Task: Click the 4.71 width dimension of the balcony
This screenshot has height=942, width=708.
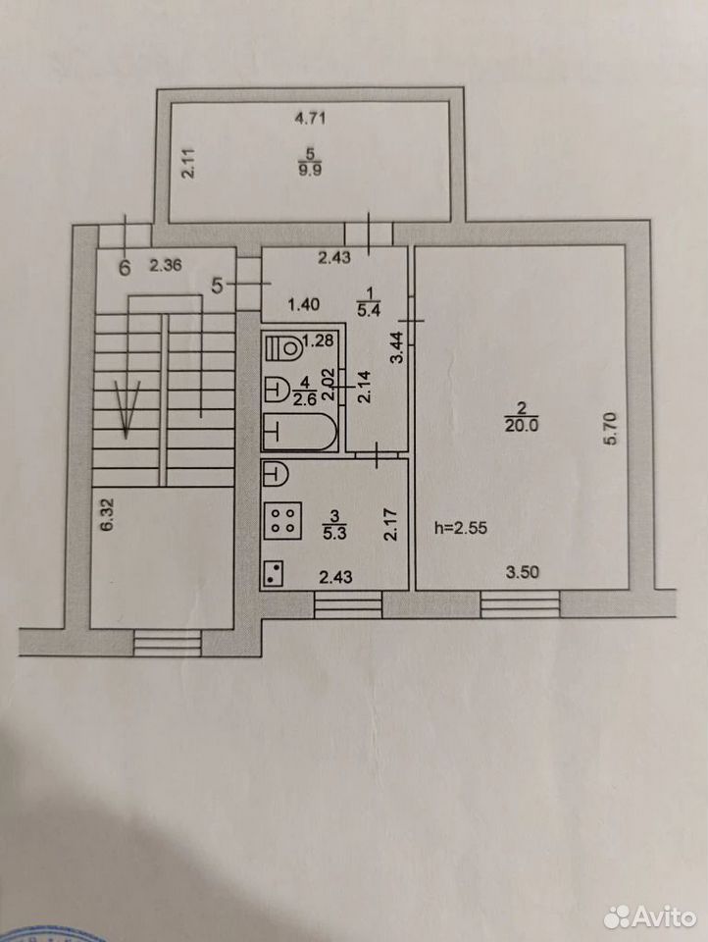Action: click(x=309, y=118)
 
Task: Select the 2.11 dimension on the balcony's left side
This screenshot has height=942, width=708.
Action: click(x=188, y=162)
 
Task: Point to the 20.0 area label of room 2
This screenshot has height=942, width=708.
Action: click(x=522, y=425)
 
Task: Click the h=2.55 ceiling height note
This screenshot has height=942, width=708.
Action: click(x=461, y=528)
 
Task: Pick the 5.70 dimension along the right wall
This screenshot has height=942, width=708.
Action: click(x=610, y=427)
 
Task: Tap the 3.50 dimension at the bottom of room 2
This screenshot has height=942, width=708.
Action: click(x=522, y=572)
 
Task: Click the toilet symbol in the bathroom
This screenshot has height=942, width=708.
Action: click(x=283, y=347)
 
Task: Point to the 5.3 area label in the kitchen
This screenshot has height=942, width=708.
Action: click(x=334, y=532)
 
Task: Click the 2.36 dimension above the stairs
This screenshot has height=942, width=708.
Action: click(x=165, y=264)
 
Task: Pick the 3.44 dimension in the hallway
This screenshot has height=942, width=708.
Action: click(x=396, y=347)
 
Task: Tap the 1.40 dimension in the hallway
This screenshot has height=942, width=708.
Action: click(x=304, y=304)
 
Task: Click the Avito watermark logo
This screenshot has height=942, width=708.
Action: click(x=650, y=916)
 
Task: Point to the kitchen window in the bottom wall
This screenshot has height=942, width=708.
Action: click(x=348, y=604)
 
